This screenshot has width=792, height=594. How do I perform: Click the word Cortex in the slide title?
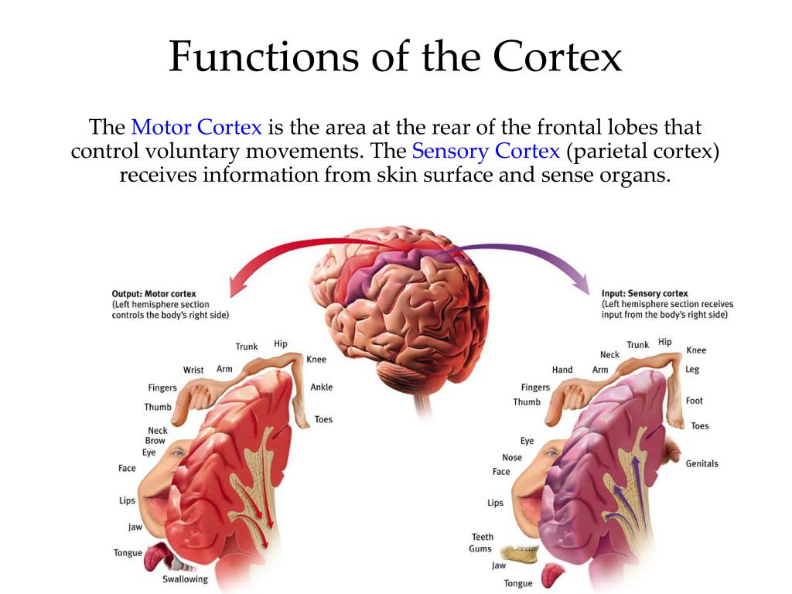[558, 57]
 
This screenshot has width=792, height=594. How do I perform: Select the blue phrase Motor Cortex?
[196, 127]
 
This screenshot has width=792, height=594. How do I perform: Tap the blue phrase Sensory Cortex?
[486, 151]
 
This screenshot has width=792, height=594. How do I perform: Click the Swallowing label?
[185, 579]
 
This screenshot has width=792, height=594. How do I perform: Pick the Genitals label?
[702, 464]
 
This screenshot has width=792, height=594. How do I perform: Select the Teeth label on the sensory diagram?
[482, 537]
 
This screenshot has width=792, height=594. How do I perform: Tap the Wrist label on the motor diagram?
[193, 370]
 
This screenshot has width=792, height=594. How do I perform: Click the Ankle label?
[321, 387]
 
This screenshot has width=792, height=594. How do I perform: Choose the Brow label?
[155, 441]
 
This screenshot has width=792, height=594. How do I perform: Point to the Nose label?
[512, 457]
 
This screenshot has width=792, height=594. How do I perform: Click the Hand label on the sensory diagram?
[562, 370]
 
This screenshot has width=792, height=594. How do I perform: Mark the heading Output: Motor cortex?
[154, 294]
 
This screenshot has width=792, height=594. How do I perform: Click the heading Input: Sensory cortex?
[644, 294]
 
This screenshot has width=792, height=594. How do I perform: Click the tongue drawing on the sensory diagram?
[552, 576]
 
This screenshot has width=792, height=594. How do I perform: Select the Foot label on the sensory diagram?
[694, 401]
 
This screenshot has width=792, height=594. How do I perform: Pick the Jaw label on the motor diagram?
[135, 527]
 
